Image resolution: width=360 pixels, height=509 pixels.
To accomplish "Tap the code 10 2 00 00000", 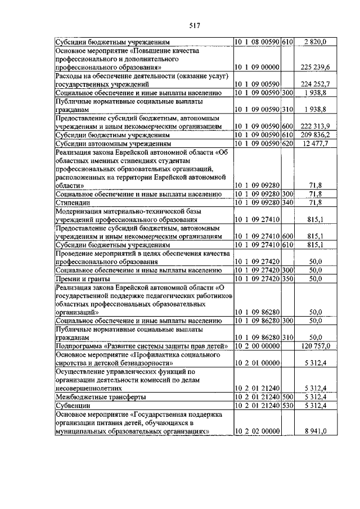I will (x=257, y=346).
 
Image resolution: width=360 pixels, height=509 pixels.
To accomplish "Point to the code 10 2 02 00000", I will (x=257, y=431).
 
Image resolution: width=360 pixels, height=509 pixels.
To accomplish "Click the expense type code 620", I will (x=288, y=143).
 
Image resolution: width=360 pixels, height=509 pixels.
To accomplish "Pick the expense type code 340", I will (x=288, y=201).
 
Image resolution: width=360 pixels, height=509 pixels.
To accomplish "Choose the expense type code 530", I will (x=288, y=405).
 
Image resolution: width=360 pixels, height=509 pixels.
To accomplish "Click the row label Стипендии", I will (x=70, y=201).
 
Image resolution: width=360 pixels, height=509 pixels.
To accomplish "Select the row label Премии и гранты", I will (x=82, y=278).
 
